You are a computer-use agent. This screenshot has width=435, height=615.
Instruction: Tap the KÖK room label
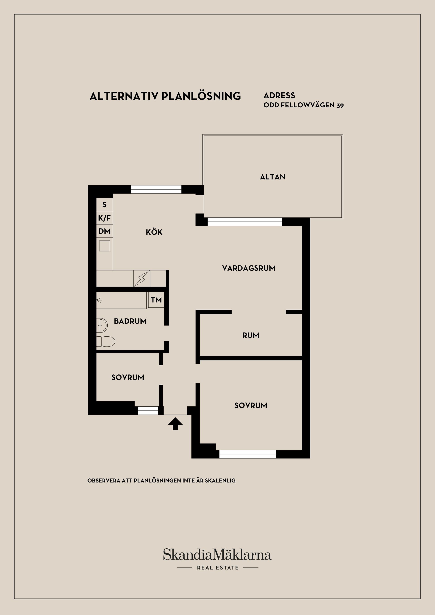coord(154,232)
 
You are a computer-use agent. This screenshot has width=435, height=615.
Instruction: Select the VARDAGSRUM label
coord(249,268)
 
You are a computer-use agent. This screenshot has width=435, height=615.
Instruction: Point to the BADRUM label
coord(130,321)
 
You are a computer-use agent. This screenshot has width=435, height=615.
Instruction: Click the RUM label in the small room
coord(251,335)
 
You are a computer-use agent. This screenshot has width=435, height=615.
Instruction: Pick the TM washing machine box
coord(156,300)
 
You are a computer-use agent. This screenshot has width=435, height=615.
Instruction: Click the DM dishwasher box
coord(104,231)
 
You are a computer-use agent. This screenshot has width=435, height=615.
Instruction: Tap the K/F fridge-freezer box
coord(104,218)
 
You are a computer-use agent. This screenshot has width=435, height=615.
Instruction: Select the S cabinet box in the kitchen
coord(104,205)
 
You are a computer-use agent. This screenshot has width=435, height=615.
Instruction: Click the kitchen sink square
coord(104,246)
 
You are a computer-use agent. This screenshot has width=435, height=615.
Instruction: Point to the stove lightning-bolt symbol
coord(142,278)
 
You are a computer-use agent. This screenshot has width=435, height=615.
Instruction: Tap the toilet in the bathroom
coord(106,342)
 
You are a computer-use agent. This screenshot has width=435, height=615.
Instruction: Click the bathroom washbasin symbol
coord(102,325)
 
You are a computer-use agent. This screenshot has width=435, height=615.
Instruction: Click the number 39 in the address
coord(340,105)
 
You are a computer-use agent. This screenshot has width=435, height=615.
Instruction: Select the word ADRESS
coord(279,95)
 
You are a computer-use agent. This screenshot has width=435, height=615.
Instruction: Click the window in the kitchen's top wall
coord(156,189)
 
